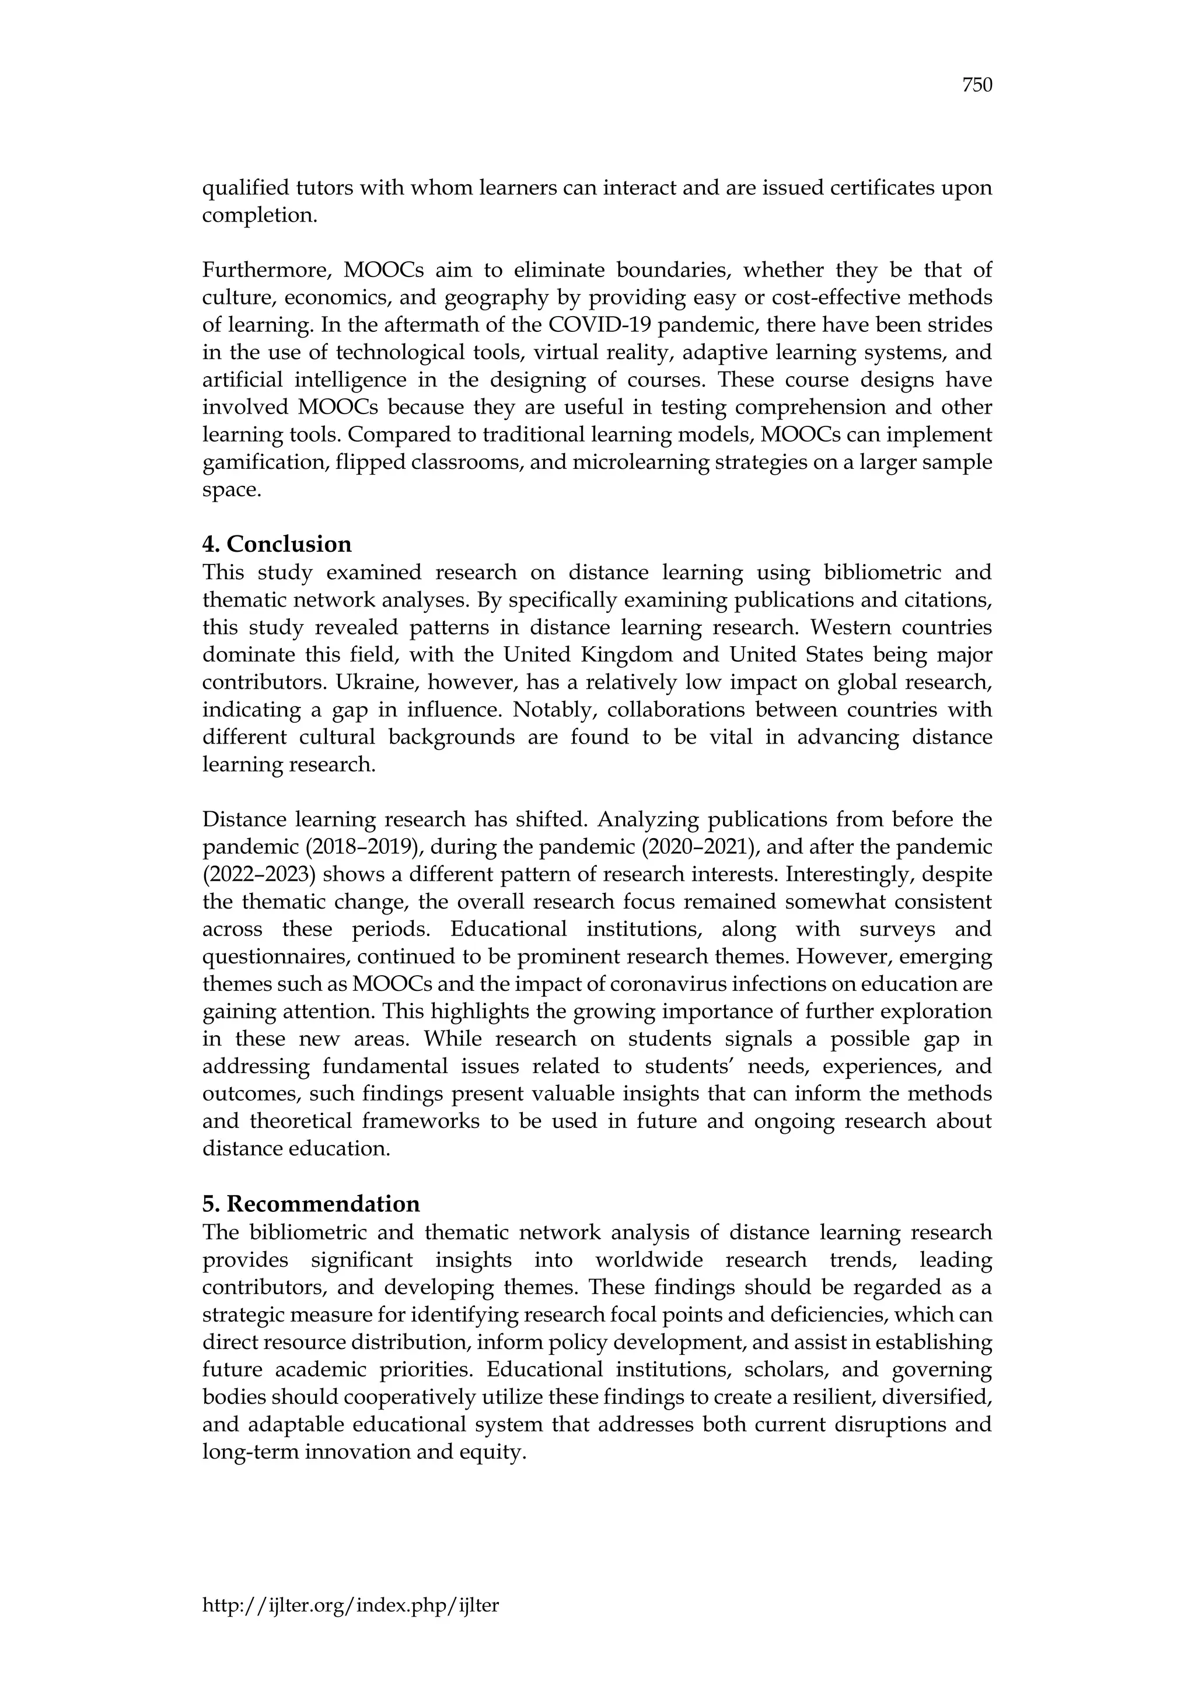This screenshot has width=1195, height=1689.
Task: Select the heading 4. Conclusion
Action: [x=277, y=544]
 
